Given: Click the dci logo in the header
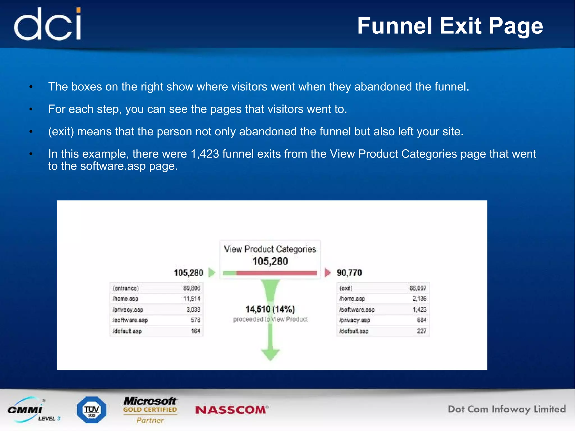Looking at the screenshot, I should (x=48, y=24).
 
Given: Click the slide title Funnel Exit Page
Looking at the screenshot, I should (x=450, y=26).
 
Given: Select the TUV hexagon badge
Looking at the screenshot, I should (x=92, y=410).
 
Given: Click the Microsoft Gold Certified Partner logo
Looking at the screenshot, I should (x=150, y=410).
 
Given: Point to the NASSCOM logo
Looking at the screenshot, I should (x=232, y=410).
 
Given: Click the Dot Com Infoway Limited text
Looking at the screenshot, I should (x=506, y=409).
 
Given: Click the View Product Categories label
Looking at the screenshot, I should (x=270, y=249).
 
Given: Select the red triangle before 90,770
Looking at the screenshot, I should (x=327, y=272).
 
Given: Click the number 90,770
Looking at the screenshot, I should (x=349, y=273).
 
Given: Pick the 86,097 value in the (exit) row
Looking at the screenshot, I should (x=418, y=288).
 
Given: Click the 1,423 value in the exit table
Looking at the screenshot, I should (x=419, y=309).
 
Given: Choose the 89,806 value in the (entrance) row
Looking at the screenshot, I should (x=192, y=288).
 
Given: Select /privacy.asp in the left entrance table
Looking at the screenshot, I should (x=128, y=309).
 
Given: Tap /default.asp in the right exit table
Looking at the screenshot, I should (x=354, y=331).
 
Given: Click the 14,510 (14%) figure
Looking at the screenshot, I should (x=270, y=309).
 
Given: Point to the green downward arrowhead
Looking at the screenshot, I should (x=270, y=354).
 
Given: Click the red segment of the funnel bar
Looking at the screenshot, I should (x=277, y=273).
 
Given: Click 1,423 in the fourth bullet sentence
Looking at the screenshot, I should (x=205, y=154).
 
